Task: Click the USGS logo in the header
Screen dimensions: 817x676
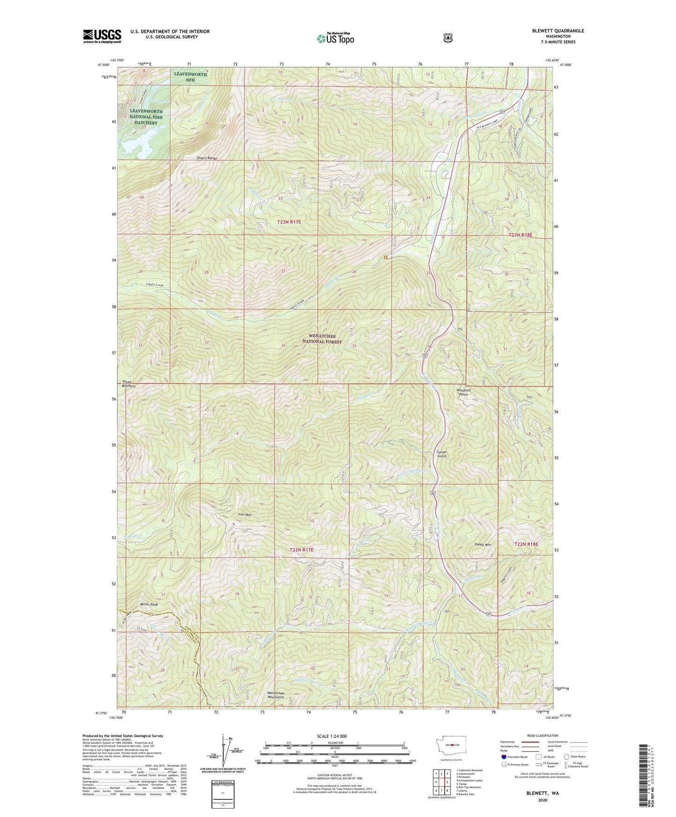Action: [x=102, y=36]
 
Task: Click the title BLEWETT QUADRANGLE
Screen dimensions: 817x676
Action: [x=558, y=31]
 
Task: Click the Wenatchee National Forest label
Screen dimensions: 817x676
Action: [x=322, y=339]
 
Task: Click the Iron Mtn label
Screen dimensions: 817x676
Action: [x=245, y=515]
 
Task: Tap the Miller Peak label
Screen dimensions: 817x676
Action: [x=149, y=605]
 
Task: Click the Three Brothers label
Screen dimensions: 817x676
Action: [x=129, y=384]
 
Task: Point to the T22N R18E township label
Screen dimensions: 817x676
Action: [x=526, y=544]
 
